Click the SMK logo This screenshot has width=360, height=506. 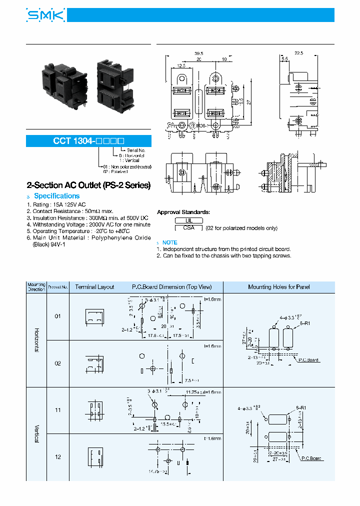45,16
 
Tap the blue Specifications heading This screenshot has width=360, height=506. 56,196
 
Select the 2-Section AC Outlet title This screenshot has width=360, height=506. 88,185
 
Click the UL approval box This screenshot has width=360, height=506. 188,220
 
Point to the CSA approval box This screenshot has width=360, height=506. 188,228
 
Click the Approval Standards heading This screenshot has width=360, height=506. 183,212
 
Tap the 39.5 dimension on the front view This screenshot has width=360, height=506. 198,53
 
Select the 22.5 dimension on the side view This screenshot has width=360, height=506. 299,53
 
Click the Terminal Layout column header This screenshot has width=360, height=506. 94,287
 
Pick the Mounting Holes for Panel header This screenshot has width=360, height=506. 278,287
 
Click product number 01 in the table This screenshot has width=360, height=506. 57,316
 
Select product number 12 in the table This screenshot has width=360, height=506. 57,457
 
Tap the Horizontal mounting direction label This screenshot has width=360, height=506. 36,340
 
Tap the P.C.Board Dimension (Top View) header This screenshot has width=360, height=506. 171,287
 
